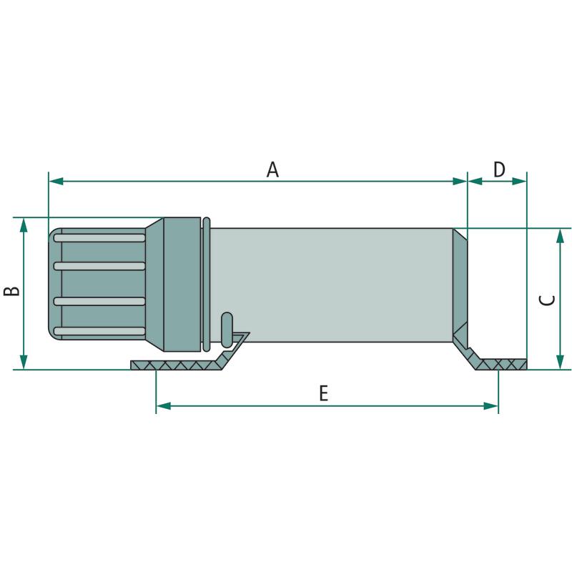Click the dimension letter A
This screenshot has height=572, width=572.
(x=272, y=170)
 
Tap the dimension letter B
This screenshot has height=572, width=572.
(x=11, y=291)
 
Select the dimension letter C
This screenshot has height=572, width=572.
(x=547, y=300)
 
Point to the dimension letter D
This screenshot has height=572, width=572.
(x=499, y=169)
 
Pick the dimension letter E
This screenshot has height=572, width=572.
(x=324, y=394)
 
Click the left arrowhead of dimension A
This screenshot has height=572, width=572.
(x=56, y=181)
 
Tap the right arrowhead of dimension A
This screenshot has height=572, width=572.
(x=460, y=181)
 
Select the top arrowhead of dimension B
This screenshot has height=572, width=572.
(x=24, y=225)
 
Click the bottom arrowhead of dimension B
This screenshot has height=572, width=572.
(x=24, y=362)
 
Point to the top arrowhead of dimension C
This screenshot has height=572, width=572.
(x=560, y=236)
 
